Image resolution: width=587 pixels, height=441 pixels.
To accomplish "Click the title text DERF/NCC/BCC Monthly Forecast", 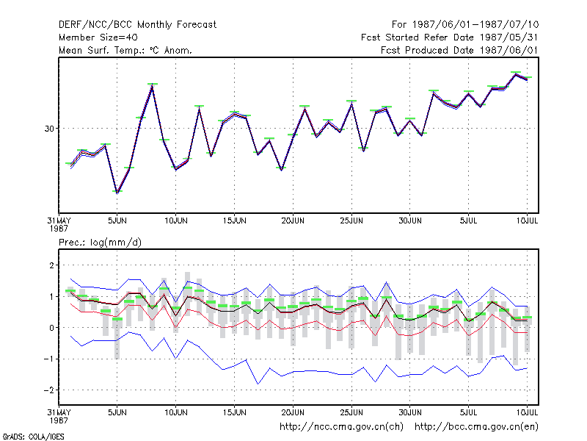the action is pos(137,25).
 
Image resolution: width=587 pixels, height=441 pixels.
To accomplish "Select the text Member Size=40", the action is pos(98,37).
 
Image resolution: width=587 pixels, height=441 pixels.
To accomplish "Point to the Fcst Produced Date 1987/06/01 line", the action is pos(459,50).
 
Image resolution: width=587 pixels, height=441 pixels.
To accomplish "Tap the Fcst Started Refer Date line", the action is pos(450,37).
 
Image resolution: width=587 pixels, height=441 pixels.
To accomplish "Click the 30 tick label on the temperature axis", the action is pos(49,129).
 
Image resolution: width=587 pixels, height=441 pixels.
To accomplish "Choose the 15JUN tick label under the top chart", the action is pos(234,220).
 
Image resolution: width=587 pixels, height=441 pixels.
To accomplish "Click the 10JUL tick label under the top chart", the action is pos(527,220).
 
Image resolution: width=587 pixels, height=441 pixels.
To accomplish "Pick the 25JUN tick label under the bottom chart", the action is pos(351,412).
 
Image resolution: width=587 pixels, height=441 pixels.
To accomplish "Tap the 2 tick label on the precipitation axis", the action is pos(51,265).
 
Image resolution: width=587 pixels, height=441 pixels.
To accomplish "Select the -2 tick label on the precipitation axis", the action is pos(48,390).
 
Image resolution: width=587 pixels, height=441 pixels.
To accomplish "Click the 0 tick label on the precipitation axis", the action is pos(51,328).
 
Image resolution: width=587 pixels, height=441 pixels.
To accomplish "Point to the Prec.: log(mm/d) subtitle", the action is pos(100,243).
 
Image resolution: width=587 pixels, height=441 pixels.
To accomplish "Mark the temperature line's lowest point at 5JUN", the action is pos(117,193).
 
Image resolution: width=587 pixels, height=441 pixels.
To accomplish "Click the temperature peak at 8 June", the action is pos(152,86).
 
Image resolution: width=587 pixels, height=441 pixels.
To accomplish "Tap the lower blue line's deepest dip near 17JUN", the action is pos(258,384).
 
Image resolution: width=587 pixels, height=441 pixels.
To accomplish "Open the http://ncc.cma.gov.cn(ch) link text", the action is pos(341,427).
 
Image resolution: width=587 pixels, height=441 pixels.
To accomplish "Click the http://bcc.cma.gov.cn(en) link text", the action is pos(476,427).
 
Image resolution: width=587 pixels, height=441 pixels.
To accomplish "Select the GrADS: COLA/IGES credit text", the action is pos(33,437).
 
